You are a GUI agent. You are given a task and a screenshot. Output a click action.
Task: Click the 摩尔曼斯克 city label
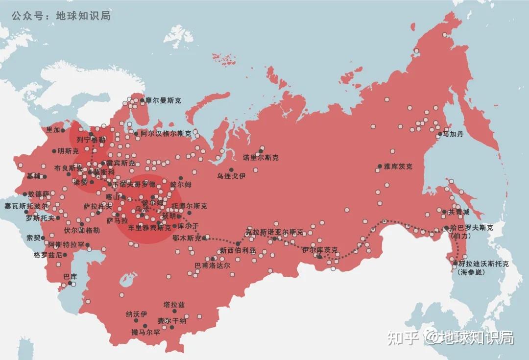163,100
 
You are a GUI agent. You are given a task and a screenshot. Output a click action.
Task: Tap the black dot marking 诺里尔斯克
262,150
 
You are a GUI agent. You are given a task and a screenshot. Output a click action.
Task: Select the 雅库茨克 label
398,167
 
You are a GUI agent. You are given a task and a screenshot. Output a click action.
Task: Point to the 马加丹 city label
453,134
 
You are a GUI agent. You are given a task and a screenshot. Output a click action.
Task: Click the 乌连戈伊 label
232,176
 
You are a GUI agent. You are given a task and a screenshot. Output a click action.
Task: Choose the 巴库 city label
70,276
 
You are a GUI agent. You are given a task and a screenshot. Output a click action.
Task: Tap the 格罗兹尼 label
48,255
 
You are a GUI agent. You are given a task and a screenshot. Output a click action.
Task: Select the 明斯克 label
68,151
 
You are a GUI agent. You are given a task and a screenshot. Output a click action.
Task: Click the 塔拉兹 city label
174,305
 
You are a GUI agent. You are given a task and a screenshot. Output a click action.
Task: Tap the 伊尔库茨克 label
320,249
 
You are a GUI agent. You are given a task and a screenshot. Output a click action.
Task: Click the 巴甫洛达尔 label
212,265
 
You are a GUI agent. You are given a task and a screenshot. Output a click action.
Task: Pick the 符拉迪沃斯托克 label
483,264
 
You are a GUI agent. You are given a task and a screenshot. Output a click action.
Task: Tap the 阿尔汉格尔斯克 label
166,133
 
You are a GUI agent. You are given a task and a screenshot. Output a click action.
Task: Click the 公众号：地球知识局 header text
61,16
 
